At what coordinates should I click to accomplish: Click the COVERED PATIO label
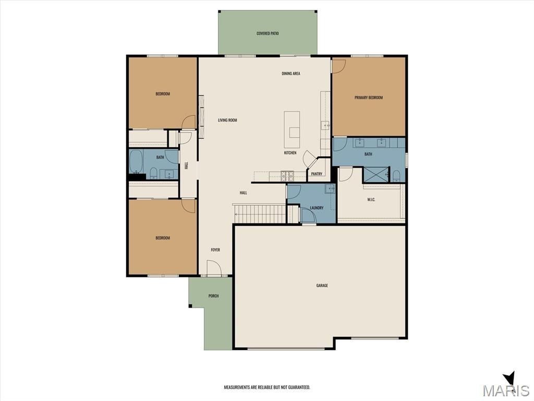[268, 33]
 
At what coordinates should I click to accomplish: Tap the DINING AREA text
[290, 74]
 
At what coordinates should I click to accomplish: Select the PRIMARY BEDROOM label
[369, 98]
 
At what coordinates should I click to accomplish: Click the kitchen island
[292, 129]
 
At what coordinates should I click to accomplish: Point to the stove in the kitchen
[287, 176]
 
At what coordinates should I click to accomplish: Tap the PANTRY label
[317, 174]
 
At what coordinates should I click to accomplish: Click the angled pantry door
[309, 159]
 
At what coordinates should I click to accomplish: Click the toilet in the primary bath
[396, 175]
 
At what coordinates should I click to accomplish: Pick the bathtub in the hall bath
[136, 162]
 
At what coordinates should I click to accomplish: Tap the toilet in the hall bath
[154, 172]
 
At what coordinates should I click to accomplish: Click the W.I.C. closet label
[371, 199]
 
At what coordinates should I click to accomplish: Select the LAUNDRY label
[317, 208]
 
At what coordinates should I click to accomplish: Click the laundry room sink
[330, 189]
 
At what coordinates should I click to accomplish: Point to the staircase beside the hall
[260, 213]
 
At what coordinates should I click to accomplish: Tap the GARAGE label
[322, 286]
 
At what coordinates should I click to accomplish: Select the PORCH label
[213, 296]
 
